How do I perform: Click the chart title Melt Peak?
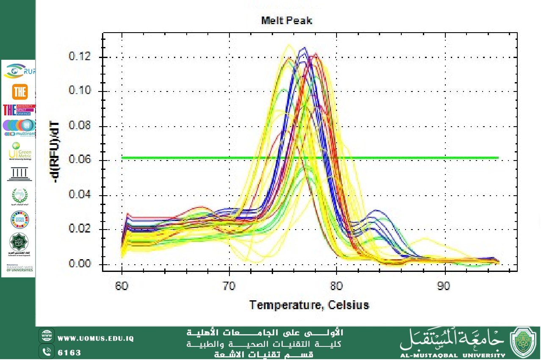287,20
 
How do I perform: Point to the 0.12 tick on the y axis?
80,57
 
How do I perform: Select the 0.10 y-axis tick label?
80,91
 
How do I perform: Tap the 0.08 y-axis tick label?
80,126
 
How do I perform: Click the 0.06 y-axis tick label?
80,161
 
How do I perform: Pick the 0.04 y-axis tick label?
80,195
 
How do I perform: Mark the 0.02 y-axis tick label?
80,230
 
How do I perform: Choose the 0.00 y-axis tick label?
80,264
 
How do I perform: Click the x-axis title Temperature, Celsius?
309,305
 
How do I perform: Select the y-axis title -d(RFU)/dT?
54,152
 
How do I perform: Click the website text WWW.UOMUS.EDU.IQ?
96,338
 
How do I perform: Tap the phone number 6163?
69,352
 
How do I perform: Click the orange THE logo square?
18,92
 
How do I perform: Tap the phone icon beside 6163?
46,352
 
